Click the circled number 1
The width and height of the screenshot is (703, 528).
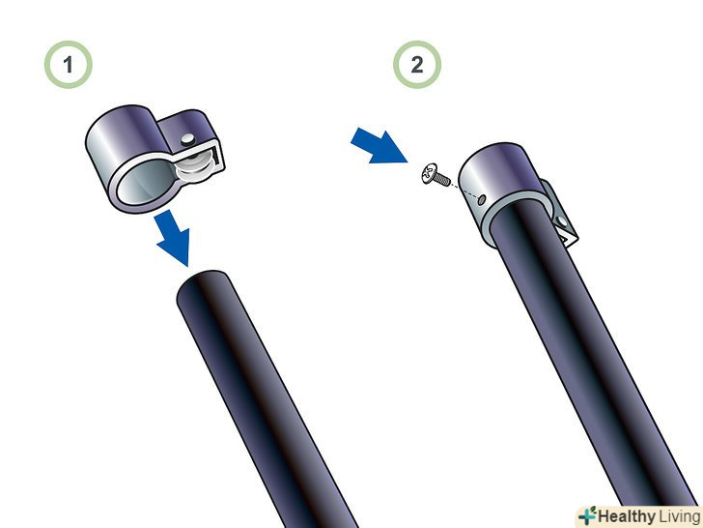coord(69,65)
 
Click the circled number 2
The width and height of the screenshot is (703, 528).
coord(417,65)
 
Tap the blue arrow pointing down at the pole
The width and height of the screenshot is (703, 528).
coord(173,237)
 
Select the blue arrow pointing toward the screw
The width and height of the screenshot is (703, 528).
coord(379,146)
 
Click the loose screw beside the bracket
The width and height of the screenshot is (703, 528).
coord(436,175)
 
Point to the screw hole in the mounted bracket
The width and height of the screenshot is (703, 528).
coord(481,200)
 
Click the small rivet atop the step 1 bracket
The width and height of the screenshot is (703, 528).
coord(188,139)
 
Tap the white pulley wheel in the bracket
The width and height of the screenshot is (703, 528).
coord(195,166)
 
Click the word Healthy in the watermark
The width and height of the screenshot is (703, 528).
coord(627,516)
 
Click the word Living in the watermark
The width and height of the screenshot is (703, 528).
coord(679,516)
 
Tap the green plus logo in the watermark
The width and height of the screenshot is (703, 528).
coord(588,515)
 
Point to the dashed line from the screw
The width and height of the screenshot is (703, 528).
coord(464,190)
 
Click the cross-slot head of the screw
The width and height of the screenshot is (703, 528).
coord(429,172)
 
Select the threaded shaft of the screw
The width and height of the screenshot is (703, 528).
coord(443,179)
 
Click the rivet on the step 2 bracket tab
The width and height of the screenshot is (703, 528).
coord(561,220)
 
